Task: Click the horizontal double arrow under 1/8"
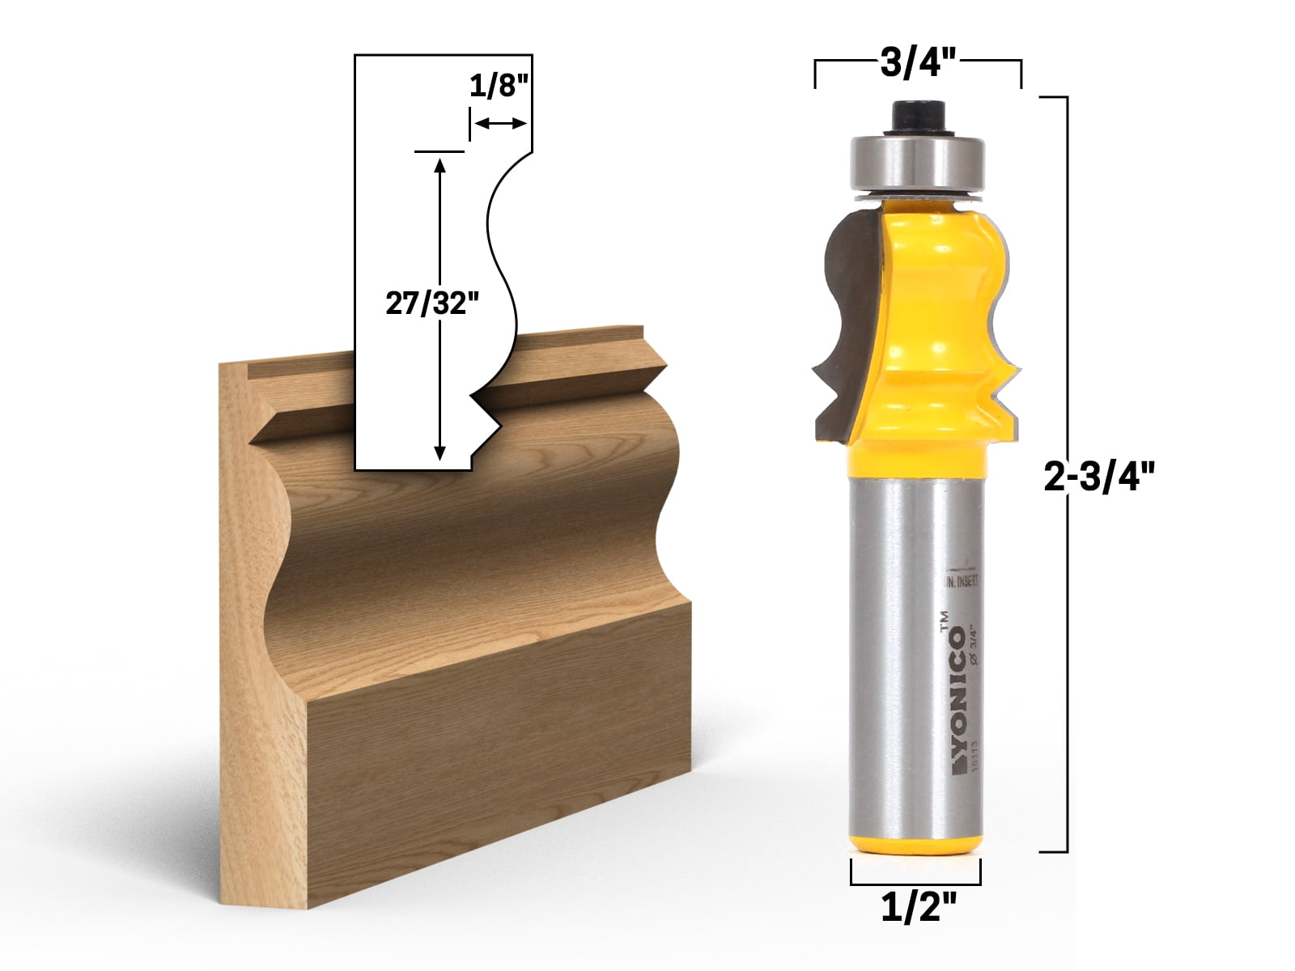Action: (x=500, y=123)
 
